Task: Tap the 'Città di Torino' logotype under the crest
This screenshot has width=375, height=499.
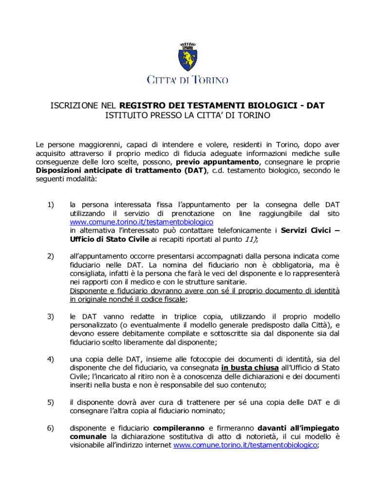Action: [x=187, y=80]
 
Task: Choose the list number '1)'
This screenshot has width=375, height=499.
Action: [x=51, y=205]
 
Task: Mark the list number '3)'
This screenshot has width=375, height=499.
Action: [x=51, y=317]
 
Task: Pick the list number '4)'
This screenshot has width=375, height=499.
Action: [x=51, y=360]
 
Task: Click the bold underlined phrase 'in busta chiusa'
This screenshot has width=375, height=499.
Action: [x=250, y=368]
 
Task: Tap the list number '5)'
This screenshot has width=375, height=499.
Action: [x=51, y=403]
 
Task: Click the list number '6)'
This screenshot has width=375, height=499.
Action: [x=51, y=428]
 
